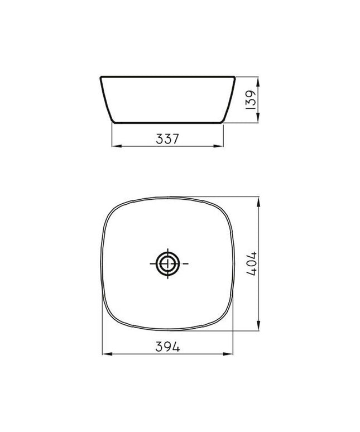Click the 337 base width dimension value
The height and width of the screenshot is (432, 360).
point(167,138)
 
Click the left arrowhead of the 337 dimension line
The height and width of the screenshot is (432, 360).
point(116,146)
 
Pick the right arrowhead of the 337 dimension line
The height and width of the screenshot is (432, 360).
point(220,146)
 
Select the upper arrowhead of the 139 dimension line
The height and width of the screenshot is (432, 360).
point(258,79)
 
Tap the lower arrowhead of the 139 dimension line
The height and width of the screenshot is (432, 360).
point(258,118)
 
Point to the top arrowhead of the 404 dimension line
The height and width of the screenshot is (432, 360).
point(259,200)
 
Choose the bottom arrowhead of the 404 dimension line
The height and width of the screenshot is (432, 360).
point(259,327)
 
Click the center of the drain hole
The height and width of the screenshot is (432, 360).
point(168,263)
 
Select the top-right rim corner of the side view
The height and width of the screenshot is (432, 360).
point(236,75)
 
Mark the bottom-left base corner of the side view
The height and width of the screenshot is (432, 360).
point(113,122)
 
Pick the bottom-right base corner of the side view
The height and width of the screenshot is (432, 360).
point(223,122)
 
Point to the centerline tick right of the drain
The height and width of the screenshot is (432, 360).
point(185,263)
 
